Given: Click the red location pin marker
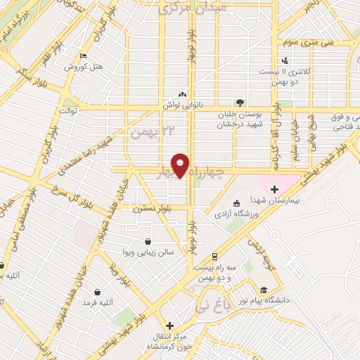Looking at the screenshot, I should [x=181, y=165].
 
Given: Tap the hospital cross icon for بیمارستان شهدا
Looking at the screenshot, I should [x=274, y=189].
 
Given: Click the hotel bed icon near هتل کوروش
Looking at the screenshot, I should [x=84, y=57].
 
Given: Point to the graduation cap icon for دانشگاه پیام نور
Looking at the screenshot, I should [x=263, y=290].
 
